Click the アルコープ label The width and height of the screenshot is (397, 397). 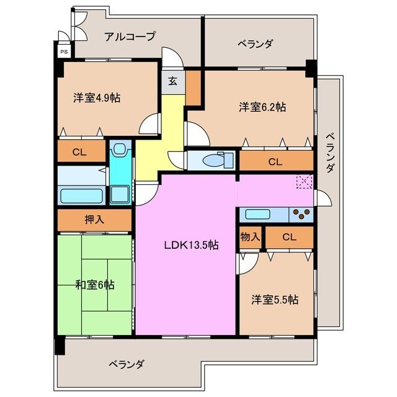[x=130, y=36]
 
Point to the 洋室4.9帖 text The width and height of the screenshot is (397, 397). [x=97, y=97]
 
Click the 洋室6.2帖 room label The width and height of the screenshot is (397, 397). [x=262, y=107]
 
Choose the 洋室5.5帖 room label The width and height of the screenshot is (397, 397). [x=275, y=300]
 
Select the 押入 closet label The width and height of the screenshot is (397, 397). [x=94, y=219]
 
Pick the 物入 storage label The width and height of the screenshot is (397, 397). [x=251, y=237]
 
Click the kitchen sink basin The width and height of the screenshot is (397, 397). [x=257, y=215]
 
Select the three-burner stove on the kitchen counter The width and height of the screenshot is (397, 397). [x=301, y=215]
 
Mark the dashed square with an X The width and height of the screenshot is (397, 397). [x=305, y=182]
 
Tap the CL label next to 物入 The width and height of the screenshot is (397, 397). [x=288, y=237]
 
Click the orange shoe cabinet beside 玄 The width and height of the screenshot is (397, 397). [x=193, y=87]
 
